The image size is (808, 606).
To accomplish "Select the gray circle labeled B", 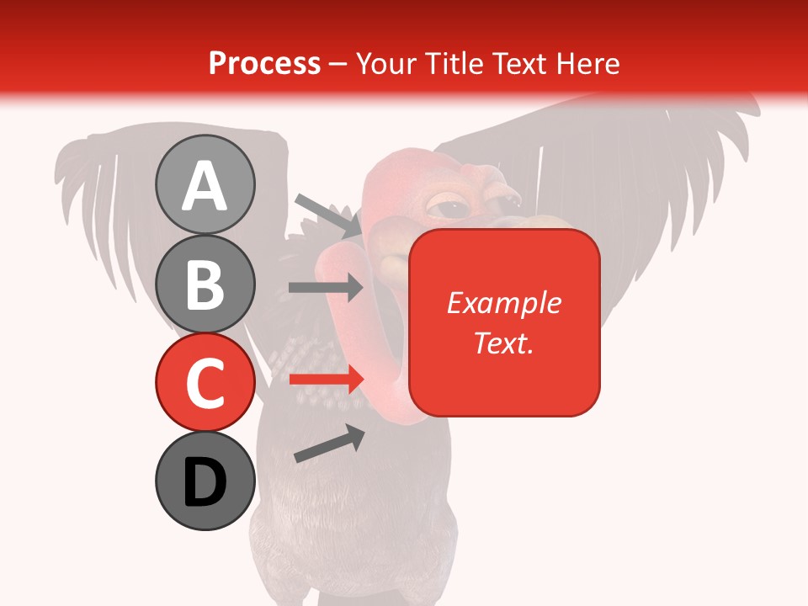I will pos(205,284).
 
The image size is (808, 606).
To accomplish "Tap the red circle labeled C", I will pos(205,382).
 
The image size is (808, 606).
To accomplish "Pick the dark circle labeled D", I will pos(205,481).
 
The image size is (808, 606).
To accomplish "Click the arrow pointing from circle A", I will pos(327,215).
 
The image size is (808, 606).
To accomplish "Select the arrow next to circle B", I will pos(326,288).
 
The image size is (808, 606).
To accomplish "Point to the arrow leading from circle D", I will pos(329,444).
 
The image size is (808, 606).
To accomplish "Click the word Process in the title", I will pos(264,63).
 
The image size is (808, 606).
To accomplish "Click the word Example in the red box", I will pos(503,303).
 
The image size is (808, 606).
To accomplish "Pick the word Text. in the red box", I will pos(503,343).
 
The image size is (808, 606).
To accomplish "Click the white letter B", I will pos(205,284).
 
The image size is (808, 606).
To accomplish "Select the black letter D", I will pos(205,482).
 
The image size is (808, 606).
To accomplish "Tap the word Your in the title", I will pos(387,63).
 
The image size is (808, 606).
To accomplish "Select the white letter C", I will pos(205,383).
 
